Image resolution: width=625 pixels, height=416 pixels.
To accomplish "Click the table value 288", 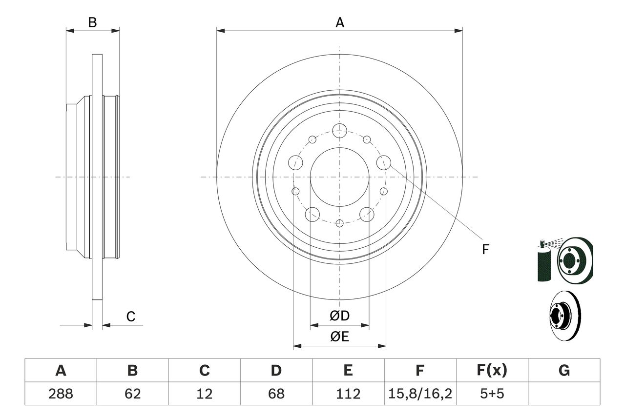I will (x=61, y=394).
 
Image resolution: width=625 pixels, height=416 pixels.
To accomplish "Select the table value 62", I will (x=132, y=394).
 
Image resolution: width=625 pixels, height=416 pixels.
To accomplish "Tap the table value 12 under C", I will (x=205, y=394).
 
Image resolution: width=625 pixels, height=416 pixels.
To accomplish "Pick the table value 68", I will (x=276, y=394).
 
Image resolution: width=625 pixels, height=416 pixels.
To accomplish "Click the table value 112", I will (x=348, y=394).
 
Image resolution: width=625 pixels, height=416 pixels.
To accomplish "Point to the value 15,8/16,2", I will (x=420, y=394).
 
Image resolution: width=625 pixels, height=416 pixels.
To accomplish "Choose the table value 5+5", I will (x=492, y=394).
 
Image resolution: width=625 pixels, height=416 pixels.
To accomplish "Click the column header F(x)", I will (x=492, y=371).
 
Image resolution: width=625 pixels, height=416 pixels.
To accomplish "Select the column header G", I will (x=564, y=371).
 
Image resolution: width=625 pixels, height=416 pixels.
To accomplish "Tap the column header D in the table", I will (x=276, y=371).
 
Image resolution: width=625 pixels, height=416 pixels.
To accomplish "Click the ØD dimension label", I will (x=340, y=316).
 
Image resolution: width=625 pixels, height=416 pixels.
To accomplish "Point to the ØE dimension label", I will (x=340, y=337).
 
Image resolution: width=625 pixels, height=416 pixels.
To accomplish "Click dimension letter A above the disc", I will (x=340, y=22).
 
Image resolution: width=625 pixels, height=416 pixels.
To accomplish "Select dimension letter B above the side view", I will (x=92, y=22).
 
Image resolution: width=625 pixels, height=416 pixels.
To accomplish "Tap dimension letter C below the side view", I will (x=131, y=317).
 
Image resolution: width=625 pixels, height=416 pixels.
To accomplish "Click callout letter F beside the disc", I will (x=485, y=250).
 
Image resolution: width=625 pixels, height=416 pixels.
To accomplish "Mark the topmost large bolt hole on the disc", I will (x=339, y=130).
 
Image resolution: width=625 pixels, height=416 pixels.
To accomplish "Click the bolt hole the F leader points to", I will (x=384, y=162).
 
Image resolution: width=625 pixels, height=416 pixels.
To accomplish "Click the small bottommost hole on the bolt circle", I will (x=339, y=223).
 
